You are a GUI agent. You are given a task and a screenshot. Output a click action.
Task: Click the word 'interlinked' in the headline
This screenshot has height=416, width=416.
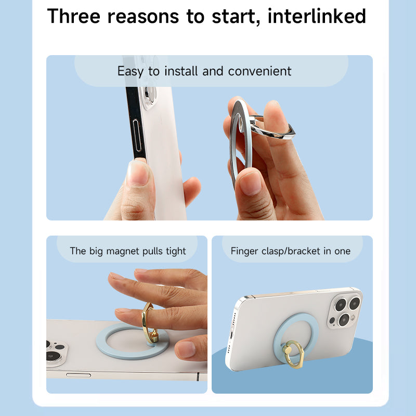pos(317,16)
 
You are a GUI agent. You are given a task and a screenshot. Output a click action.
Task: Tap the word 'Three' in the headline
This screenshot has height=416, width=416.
pos(74,16)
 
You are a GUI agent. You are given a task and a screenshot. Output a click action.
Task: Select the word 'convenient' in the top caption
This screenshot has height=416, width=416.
pos(259,71)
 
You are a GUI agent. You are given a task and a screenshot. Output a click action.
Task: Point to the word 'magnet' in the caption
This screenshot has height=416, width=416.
pos(123,251)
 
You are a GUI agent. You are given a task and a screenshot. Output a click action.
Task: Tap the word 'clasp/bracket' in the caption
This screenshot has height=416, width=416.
pos(291,251)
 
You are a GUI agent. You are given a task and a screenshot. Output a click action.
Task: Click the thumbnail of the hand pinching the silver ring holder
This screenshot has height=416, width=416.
pos(250,183)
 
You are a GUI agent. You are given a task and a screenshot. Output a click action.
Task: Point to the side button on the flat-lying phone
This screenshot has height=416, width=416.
pos(79,375)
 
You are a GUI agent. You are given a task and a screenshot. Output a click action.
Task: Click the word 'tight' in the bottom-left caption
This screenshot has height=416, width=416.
pos(176,251)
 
